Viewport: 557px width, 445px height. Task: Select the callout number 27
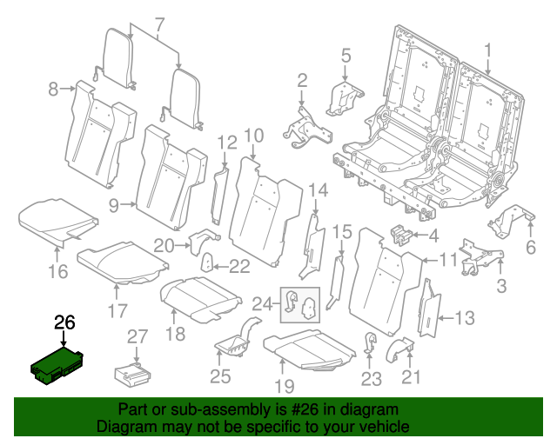pos(138,337)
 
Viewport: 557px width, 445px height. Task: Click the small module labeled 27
pos(132,373)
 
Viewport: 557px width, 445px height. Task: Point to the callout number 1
pos(488,50)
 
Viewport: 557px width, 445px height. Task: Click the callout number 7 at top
pos(158,23)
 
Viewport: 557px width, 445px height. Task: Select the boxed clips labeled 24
pos(299,303)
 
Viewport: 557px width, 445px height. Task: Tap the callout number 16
pos(57,272)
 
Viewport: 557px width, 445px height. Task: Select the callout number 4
pos(433,235)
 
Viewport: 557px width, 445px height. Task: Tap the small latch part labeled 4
pos(402,235)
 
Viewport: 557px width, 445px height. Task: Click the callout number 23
pos(372,378)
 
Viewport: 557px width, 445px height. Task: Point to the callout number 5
pos(346,56)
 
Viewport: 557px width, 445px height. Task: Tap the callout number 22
pos(238,266)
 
